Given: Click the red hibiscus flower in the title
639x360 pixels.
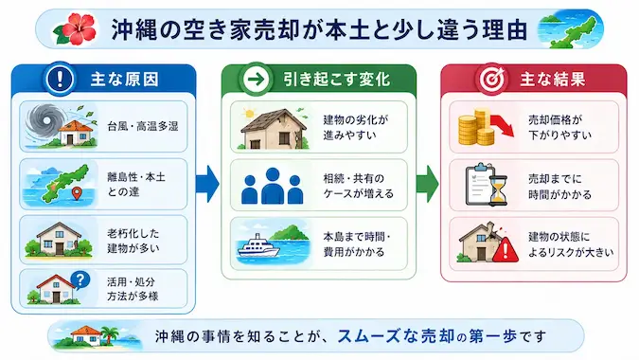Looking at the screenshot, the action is tap(77, 28).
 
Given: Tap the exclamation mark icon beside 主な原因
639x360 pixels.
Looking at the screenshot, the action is tap(60, 79).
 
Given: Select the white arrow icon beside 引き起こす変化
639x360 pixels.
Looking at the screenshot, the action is tap(256, 79).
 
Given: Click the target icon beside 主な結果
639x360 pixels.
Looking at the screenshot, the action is tap(491, 79).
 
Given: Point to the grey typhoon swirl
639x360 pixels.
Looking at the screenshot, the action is tap(43, 121).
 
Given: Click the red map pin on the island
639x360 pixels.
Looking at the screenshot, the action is tap(77, 193).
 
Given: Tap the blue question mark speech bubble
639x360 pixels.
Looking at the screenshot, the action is tap(80, 280).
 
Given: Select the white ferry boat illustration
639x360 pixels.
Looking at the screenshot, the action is tap(258, 246).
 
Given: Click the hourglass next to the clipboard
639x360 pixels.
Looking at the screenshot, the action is tap(498, 189).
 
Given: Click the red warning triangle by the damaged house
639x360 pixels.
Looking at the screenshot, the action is tap(506, 249).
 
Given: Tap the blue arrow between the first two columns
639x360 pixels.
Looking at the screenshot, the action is tap(208, 184).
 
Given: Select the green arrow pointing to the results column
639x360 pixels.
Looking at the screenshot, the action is tap(428, 184).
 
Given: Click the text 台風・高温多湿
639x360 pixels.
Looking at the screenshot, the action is tap(143, 126).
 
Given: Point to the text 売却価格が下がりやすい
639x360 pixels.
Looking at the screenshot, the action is tap(559, 127).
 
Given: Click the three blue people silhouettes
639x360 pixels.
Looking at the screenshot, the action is tap(273, 186).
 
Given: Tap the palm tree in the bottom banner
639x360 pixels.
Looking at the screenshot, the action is tap(109, 335).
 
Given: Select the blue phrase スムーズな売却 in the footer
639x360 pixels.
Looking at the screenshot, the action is tap(396, 336).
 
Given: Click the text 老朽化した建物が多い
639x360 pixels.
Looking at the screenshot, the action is tap(133, 241).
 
